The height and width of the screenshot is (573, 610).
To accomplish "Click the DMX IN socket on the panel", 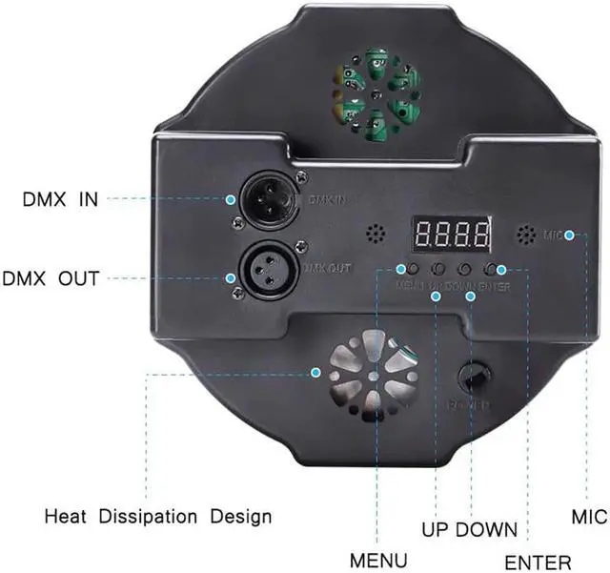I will tap(266, 199).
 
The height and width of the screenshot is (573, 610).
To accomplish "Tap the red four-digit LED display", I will tap(452, 234).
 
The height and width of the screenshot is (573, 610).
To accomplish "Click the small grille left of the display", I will tap(378, 234).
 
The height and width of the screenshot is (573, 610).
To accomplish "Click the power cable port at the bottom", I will tap(473, 378).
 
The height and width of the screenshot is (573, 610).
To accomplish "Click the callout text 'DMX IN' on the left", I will tap(60, 200).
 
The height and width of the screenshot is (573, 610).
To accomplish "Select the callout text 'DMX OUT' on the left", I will tap(51, 279).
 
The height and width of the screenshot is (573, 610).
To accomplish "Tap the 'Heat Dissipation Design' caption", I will tap(158, 517).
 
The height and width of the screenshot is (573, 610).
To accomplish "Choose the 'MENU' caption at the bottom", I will tap(378, 560).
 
